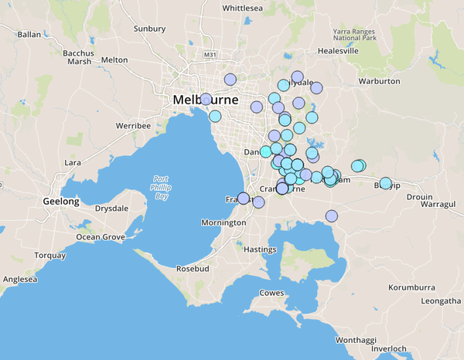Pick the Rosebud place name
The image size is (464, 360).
pos(193,269)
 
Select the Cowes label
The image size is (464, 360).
pos(271,293)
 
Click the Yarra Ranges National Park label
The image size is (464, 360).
pos(355,34)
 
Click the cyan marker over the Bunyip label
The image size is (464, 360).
pos(385,183)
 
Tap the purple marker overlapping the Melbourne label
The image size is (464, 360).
pos(206,99)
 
